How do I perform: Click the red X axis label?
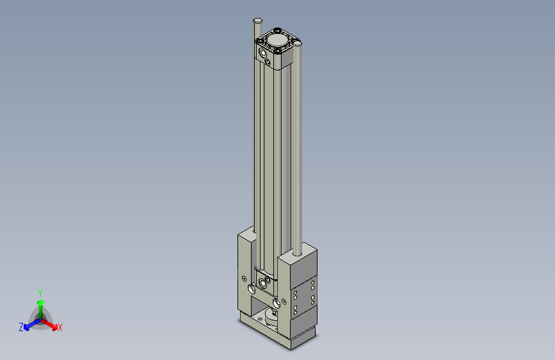(60, 327)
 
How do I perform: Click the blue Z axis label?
(21, 327)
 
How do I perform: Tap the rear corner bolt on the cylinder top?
(278, 29)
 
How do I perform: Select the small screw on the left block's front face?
(245, 278)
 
